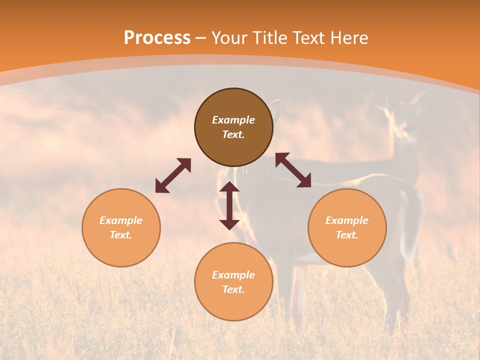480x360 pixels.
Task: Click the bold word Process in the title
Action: click(x=157, y=38)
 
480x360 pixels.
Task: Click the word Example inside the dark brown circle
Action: click(x=233, y=120)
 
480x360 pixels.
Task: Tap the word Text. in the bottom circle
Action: click(x=233, y=289)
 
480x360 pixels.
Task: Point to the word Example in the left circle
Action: click(x=121, y=220)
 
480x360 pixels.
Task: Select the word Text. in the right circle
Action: click(x=347, y=235)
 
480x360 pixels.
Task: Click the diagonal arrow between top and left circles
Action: click(x=173, y=175)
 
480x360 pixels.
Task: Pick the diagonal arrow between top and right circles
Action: click(x=293, y=170)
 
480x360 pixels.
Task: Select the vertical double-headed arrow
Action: click(x=229, y=205)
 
